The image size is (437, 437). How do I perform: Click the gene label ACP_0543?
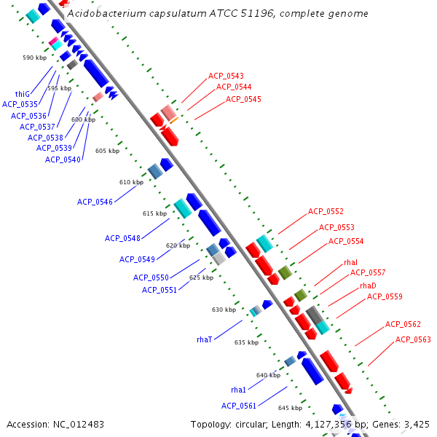[226, 76]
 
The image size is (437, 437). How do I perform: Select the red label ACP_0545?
[243, 99]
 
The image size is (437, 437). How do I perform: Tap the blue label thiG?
[23, 94]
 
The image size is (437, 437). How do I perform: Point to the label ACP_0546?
[95, 202]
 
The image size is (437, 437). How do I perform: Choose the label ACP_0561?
[239, 406]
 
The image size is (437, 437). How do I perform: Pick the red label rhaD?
[368, 286]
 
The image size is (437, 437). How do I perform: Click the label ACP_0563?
[413, 339]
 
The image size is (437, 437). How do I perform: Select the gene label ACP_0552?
[326, 211]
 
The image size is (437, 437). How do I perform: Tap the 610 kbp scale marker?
[132, 182]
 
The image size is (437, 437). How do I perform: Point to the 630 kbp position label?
[224, 310]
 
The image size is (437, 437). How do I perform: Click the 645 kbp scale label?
[290, 408]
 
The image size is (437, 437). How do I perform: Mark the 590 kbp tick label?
[34, 58]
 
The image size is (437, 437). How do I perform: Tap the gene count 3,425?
[415, 424]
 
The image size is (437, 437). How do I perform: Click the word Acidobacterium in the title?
[102, 14]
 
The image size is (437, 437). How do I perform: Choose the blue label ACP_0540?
[63, 160]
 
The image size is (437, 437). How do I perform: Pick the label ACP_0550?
[151, 277]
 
